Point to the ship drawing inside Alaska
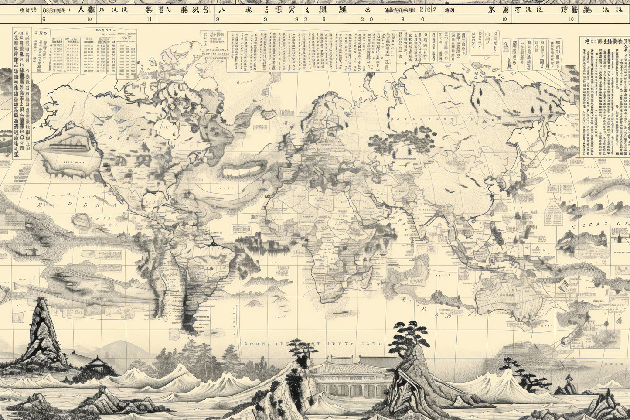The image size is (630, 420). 65,144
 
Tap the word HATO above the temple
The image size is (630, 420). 371,344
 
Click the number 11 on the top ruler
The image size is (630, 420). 150,19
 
